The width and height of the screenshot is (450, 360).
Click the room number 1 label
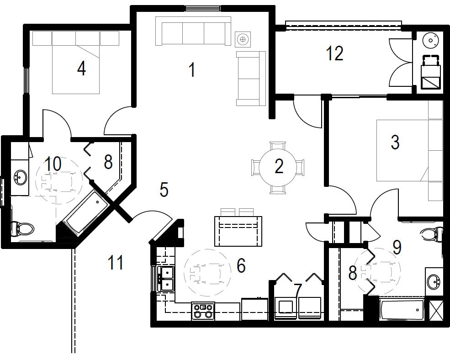point(192,70)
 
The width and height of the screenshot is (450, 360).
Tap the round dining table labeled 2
point(279,167)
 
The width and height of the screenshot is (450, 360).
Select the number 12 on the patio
point(335,53)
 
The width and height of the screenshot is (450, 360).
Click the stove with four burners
point(203,311)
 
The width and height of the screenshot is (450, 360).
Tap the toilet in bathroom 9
point(431,234)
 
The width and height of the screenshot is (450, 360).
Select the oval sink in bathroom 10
point(20,177)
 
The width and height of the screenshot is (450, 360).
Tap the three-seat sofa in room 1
point(193,32)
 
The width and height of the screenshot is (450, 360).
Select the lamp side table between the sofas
point(243,40)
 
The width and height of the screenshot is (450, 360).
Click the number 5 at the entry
point(164,190)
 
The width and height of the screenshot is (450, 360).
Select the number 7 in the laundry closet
point(298,290)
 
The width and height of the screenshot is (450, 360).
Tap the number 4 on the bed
point(81,69)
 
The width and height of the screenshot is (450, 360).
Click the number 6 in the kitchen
point(241,265)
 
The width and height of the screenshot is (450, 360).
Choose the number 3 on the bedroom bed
point(395,143)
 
